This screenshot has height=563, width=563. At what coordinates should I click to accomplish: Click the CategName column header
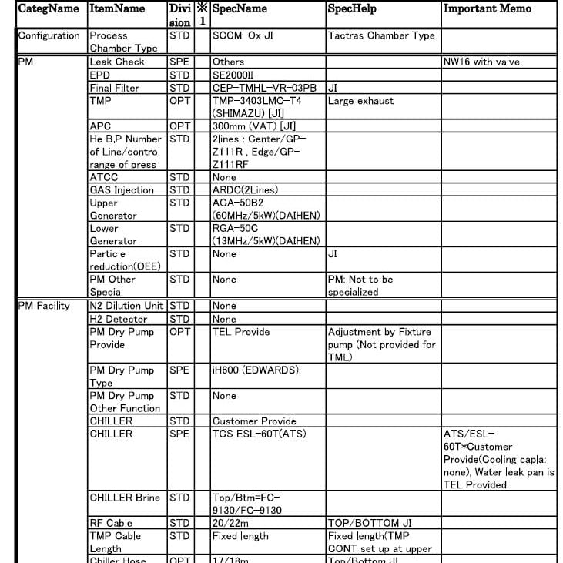(x=49, y=8)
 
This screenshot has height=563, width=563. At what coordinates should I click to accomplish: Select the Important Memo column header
(x=487, y=8)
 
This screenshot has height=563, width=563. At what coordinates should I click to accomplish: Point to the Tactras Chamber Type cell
(x=381, y=35)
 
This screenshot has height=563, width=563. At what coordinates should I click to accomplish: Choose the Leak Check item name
(x=117, y=62)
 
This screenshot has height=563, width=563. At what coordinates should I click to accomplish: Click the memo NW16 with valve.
(x=483, y=62)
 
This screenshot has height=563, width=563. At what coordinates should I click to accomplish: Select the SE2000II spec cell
(x=237, y=75)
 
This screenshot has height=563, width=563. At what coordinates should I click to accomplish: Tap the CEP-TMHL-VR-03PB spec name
(x=264, y=88)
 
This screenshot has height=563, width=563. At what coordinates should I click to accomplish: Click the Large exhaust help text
(x=360, y=101)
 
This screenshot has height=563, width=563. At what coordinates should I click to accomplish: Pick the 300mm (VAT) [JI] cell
(x=254, y=126)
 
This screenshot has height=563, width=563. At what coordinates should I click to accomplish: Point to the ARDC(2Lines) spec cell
(x=245, y=190)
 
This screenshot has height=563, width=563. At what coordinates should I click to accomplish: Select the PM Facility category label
(x=44, y=306)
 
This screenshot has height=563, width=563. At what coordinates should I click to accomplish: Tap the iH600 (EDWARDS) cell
(x=254, y=370)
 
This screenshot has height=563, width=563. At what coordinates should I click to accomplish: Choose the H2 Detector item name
(x=119, y=319)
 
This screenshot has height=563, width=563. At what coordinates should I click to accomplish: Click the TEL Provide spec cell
(x=241, y=332)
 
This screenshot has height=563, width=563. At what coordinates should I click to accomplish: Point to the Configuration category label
(x=49, y=35)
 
